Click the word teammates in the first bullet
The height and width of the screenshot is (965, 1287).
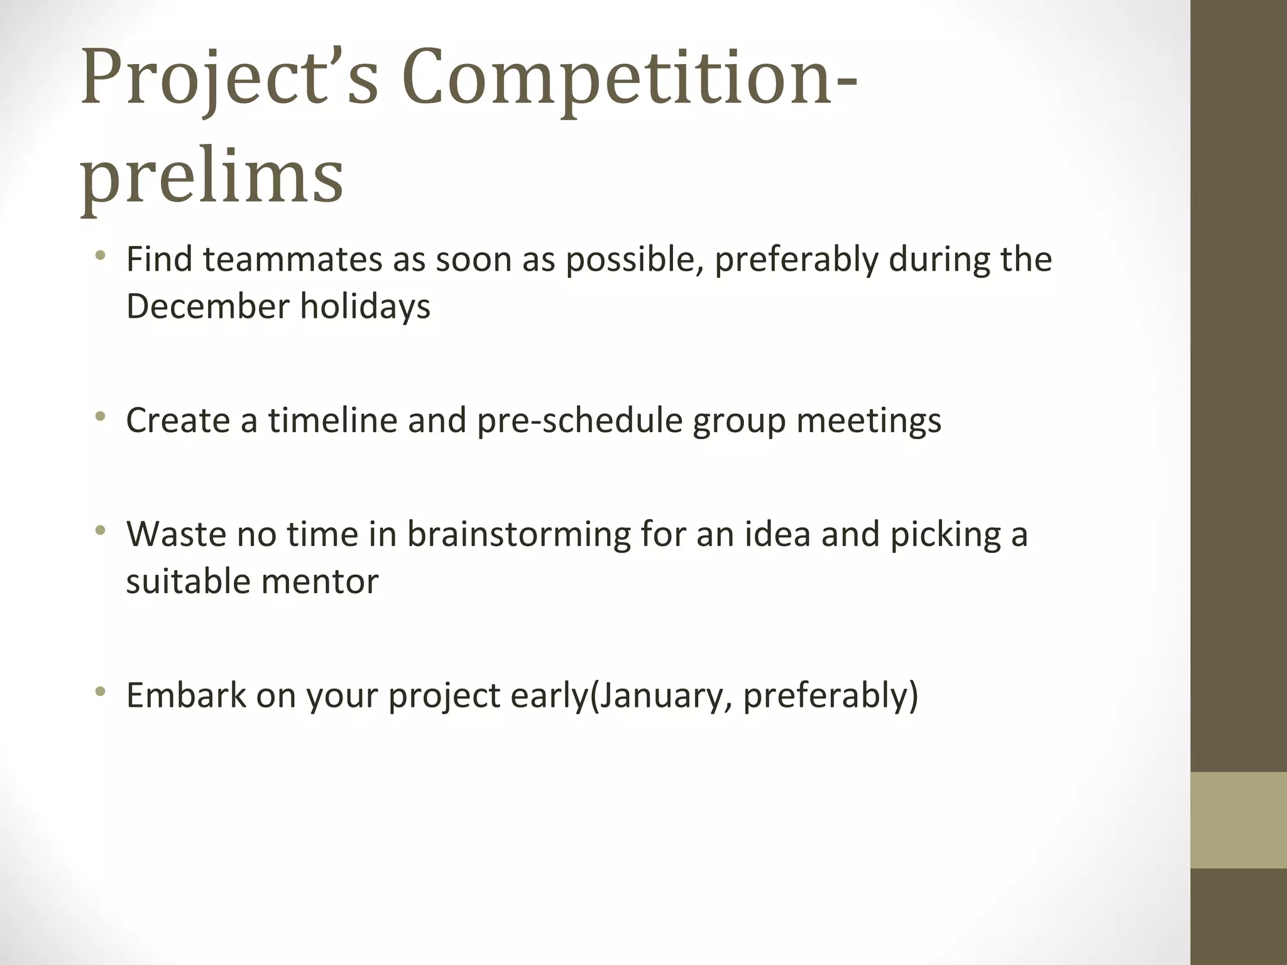coord(292,259)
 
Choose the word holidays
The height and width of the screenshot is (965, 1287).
coord(365,307)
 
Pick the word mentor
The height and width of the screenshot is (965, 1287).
coord(320,581)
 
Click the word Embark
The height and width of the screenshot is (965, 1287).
coord(186,695)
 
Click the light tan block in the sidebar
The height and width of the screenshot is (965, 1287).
coord(1239,820)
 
